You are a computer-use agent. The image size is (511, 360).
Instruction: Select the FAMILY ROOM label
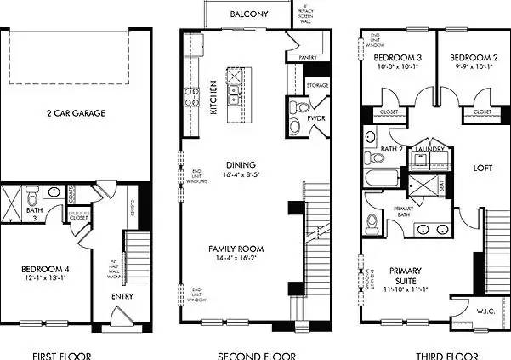pyautogui.click(x=236, y=249)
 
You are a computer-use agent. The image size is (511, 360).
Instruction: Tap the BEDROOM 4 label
pyautogui.click(x=44, y=271)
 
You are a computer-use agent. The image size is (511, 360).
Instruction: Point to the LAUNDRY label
pyautogui.click(x=431, y=149)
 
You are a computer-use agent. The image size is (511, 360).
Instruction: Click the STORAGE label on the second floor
pyautogui.click(x=318, y=85)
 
